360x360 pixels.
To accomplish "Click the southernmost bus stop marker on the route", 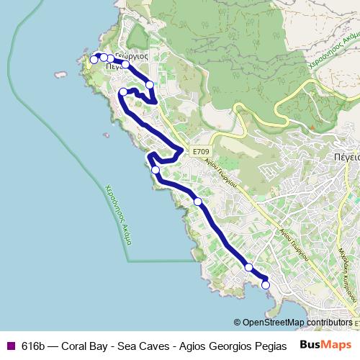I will pos(266,285).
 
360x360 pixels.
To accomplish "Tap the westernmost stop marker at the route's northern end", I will pos(94,60).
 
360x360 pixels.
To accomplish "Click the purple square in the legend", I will pos(10,345).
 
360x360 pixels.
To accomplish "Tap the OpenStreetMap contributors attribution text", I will pos(297,323).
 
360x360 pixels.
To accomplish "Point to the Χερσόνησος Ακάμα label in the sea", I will pos(117,213).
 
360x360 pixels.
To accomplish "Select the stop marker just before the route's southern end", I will pos(248,268).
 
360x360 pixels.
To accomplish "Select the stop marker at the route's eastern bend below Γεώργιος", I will pos(150,85).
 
